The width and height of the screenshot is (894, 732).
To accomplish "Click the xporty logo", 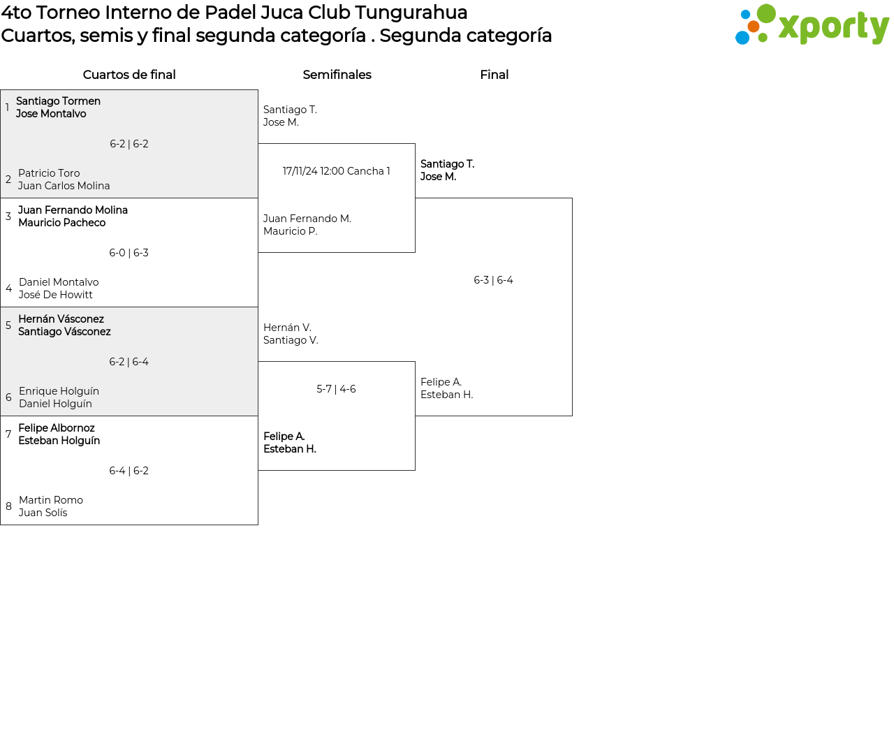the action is [812, 24].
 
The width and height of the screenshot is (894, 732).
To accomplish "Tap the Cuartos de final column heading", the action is [129, 75].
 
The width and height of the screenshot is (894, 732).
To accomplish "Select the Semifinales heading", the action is [337, 75].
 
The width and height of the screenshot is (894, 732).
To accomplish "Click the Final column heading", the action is [494, 75].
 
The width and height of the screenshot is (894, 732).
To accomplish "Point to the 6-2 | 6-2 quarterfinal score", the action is [129, 144].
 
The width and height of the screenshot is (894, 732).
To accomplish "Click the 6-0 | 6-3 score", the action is [129, 253].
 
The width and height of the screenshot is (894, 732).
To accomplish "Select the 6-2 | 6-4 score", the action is [129, 362].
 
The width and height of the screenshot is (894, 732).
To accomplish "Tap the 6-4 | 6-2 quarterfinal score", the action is [129, 471].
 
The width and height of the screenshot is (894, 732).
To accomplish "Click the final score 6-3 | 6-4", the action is [493, 280].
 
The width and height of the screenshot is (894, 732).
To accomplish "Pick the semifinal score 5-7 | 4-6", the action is [336, 388].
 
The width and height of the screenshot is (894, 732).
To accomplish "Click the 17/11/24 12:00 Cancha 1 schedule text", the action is [336, 171].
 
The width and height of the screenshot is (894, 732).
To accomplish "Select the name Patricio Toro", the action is [49, 173].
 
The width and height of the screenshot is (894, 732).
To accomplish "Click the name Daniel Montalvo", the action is [59, 282].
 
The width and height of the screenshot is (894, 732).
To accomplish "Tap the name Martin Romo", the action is [51, 499].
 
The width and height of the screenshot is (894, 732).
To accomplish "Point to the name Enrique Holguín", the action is [59, 390].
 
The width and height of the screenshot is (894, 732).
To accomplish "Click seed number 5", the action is [8, 325].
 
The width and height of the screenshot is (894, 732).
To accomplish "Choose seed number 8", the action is [8, 506].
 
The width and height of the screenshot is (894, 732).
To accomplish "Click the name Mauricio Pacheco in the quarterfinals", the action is [62, 223].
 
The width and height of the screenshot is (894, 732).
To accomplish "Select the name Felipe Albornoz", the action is [57, 427].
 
